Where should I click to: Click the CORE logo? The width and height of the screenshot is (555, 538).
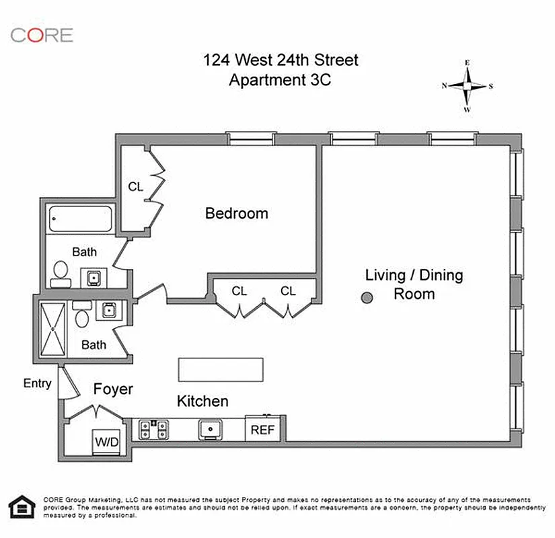[x=42, y=35]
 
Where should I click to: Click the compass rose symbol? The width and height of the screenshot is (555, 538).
[x=468, y=85]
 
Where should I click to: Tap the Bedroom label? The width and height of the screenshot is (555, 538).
[x=236, y=214]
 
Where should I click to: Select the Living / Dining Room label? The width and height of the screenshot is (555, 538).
[x=414, y=284]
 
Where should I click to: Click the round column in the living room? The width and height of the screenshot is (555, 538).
[x=367, y=298]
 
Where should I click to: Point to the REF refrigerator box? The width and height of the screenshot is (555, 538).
[x=262, y=429]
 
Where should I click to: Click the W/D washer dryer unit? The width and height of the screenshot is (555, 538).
[x=106, y=442]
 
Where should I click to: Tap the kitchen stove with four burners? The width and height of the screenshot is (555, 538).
[x=154, y=429]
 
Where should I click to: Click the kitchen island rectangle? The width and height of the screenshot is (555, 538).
[x=221, y=369]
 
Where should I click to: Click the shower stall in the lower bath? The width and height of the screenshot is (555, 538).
[x=53, y=329]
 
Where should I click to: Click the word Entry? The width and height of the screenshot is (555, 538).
[x=37, y=384]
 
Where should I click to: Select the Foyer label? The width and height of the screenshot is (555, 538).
[x=113, y=389]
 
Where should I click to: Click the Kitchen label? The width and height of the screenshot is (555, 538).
[x=202, y=401]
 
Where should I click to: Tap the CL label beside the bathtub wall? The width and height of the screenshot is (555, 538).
[x=136, y=187]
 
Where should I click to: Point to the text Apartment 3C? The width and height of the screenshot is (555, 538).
[x=281, y=80]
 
